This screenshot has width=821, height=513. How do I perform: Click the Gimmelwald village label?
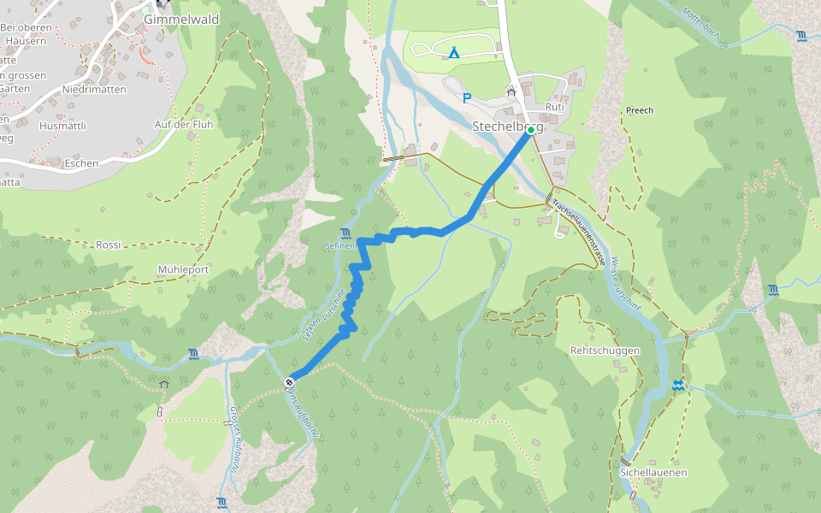(181, 19)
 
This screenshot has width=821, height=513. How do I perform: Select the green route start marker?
(531, 130)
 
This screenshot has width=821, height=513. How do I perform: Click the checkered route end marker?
(291, 382)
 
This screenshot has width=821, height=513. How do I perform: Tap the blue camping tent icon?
(453, 53)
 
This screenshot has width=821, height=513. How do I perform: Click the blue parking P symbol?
(466, 98)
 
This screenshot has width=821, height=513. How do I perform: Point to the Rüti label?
(554, 108)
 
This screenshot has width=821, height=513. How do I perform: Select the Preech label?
(639, 110)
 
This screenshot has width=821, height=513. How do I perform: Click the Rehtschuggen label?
(605, 351)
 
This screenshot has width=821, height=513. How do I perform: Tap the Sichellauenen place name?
(653, 472)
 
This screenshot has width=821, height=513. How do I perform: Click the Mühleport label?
(183, 269)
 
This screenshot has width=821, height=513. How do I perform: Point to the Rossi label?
(108, 245)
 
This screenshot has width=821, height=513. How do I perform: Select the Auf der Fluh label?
(183, 124)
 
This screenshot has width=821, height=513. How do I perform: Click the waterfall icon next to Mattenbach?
(801, 36)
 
